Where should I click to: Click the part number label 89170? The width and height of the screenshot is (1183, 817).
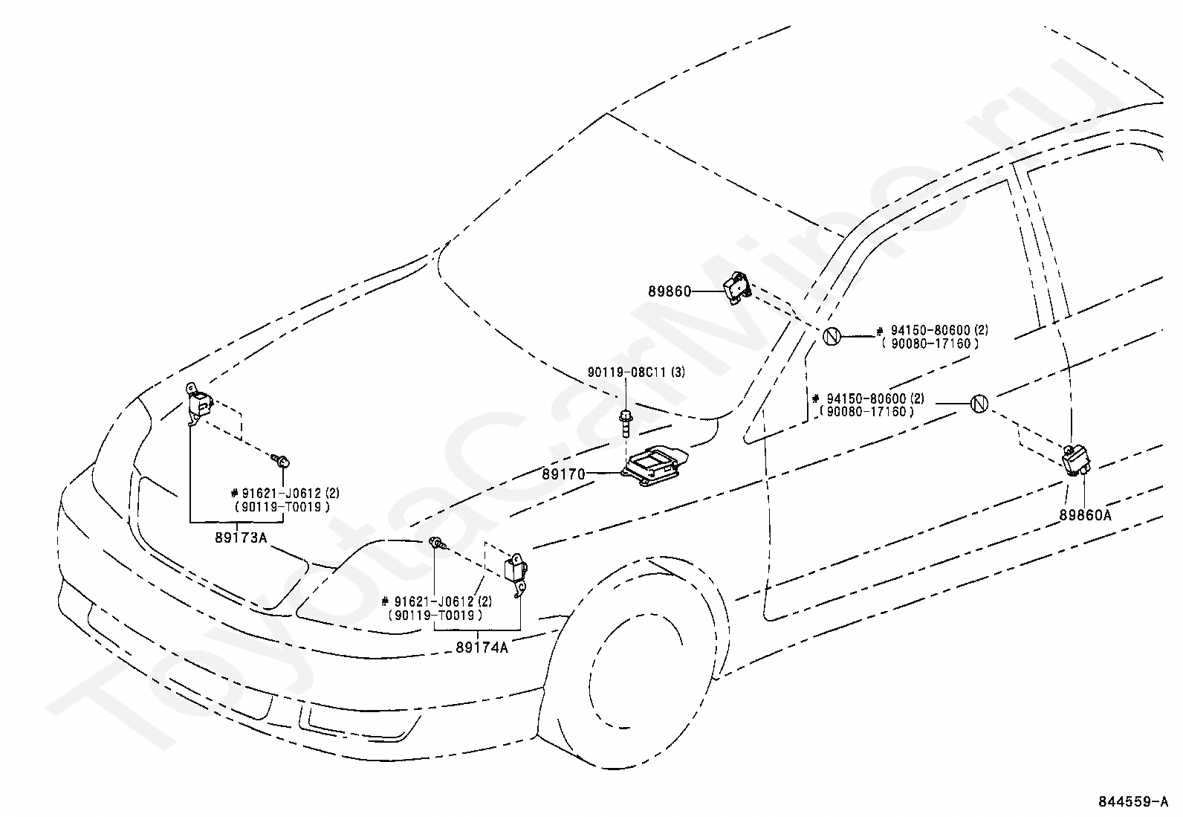[564, 474]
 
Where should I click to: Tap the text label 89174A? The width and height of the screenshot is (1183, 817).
[482, 647]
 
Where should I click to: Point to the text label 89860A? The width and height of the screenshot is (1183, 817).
[1086, 514]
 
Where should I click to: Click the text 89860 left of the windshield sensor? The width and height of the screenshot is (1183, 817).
[669, 292]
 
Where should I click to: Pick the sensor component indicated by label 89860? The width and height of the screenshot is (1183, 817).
[735, 287]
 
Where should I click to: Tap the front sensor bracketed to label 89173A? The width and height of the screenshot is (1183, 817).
[198, 406]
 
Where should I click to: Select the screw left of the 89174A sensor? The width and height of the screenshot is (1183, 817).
[436, 544]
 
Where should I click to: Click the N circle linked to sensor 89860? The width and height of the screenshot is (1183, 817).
[831, 336]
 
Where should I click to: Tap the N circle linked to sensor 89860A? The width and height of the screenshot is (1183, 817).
[979, 404]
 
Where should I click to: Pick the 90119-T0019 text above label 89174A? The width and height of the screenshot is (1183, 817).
[435, 615]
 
